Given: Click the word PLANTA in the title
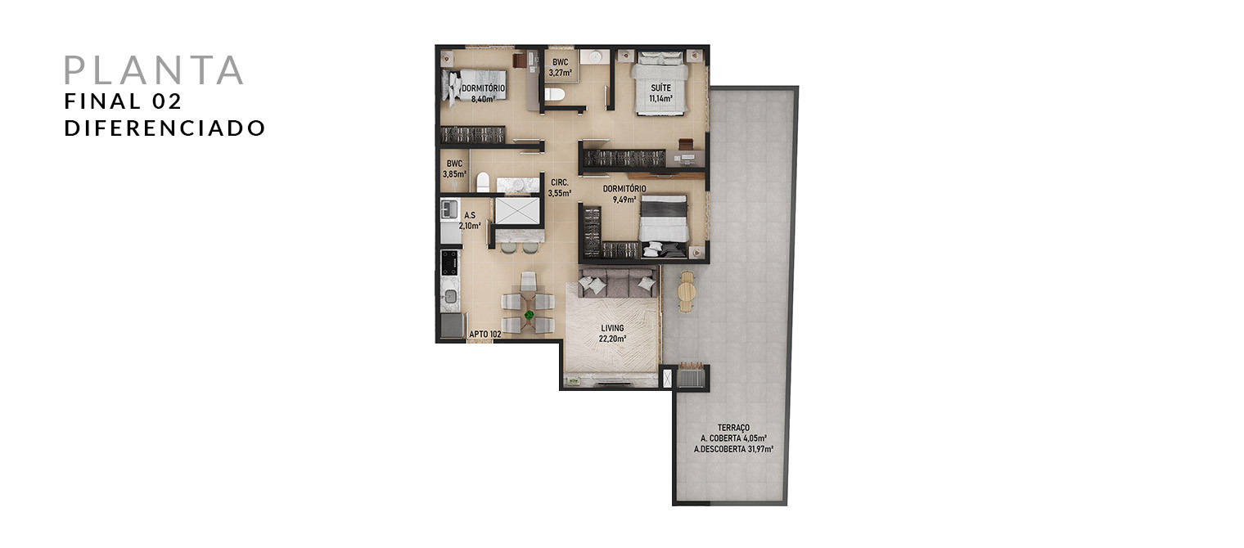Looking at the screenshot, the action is [154, 70].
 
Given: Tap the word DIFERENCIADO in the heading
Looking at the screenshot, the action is [165, 128].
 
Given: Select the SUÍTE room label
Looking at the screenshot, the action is [661, 88].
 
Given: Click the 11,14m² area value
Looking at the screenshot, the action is [661, 99].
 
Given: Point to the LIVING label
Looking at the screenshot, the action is [612, 328].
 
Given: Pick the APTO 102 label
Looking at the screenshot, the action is [485, 335].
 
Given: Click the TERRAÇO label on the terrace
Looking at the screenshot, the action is [733, 428].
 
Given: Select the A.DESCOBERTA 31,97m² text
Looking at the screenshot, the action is [733, 449].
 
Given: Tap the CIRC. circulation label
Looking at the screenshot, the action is [559, 182].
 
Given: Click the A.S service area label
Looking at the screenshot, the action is [470, 215].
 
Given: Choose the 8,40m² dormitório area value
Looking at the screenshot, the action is [483, 100].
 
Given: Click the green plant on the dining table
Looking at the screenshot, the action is [530, 315].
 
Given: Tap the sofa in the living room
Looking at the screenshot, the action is [617, 283].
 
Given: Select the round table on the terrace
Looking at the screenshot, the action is [687, 291].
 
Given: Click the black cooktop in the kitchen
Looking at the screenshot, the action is [449, 263].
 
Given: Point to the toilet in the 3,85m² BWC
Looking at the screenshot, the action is [483, 182].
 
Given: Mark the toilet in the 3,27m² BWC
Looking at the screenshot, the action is [554, 94].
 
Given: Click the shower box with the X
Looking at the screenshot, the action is [517, 211].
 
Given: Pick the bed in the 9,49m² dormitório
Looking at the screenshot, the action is [664, 226].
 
